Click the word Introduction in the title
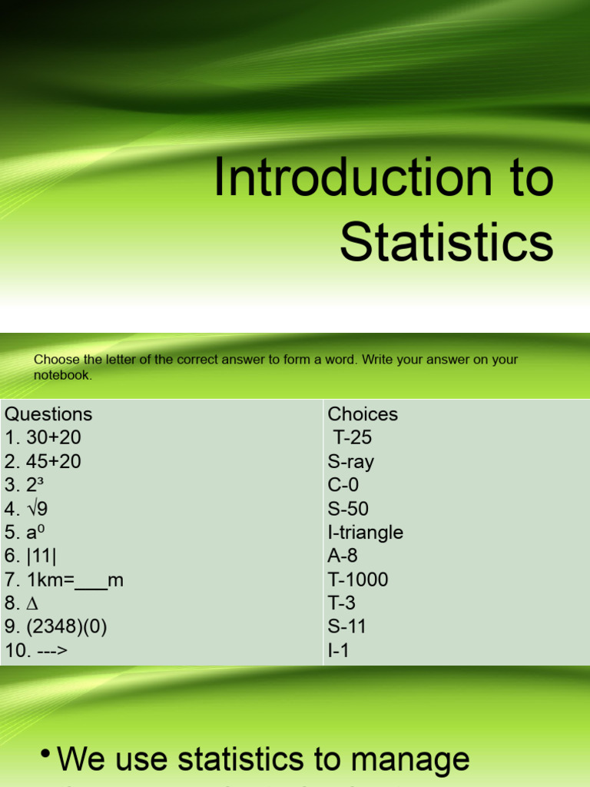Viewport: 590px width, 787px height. [342, 178]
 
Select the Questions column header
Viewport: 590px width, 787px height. [48, 414]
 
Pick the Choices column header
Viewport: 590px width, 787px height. [363, 414]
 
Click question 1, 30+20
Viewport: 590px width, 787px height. [43, 438]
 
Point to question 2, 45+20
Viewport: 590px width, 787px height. [43, 462]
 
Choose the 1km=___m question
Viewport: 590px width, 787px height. [65, 580]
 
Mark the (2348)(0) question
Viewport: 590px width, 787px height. [56, 627]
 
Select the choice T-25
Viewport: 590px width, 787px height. [352, 438]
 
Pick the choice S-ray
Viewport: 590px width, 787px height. [351, 462]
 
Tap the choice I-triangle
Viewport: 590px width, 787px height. [366, 533]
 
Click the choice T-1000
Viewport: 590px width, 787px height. [358, 580]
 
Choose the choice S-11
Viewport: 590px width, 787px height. [347, 627]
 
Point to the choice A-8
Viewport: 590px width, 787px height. [343, 556]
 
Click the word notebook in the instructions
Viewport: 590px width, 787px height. [62, 376]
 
